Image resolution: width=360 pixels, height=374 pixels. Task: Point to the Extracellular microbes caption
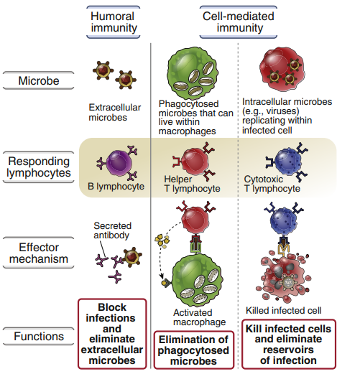tap(114, 113)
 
